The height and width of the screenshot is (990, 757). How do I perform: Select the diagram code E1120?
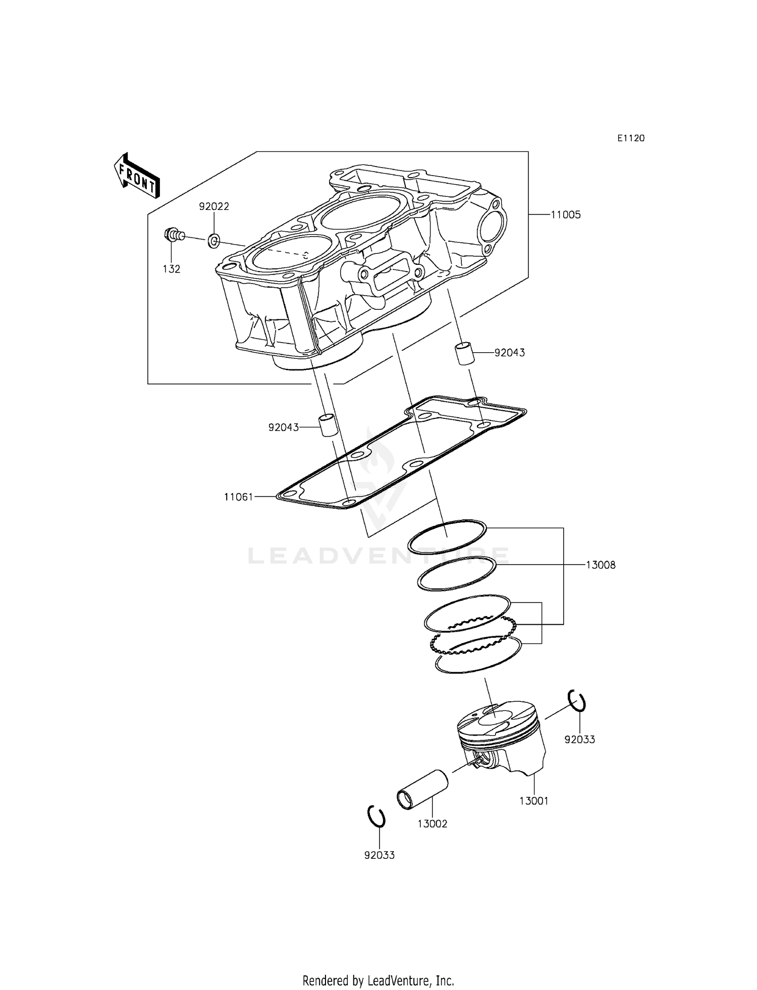click(x=631, y=138)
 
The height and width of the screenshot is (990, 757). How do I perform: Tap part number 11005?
click(x=565, y=215)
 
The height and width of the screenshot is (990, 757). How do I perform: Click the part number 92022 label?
click(x=214, y=207)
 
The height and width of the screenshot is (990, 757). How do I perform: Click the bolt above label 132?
click(x=173, y=235)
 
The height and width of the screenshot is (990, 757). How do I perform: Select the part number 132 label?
click(x=172, y=269)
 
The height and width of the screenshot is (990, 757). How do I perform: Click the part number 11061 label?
click(x=238, y=497)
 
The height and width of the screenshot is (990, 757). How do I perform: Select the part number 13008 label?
click(x=601, y=565)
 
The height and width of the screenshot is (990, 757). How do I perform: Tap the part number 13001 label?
click(x=534, y=801)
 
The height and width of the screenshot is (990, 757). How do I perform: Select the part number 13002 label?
click(x=432, y=824)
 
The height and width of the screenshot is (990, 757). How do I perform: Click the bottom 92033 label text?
click(x=380, y=855)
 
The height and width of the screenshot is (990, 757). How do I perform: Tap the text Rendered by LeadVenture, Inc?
click(x=378, y=980)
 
